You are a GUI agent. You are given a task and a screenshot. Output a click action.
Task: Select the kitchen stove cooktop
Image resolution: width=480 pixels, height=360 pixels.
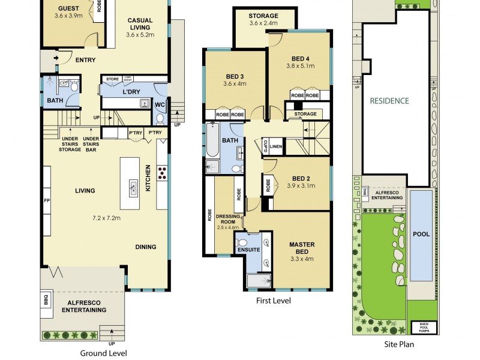tap(162, 173)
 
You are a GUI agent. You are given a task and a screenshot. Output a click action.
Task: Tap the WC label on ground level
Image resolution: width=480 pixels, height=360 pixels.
tap(160, 104)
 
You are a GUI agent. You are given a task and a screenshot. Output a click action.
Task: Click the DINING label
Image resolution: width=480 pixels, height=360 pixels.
tap(146, 247)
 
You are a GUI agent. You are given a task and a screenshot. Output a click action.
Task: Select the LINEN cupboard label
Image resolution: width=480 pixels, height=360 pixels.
tap(275, 146)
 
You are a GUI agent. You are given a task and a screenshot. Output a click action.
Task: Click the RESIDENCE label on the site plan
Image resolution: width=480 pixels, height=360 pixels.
tap(389, 101)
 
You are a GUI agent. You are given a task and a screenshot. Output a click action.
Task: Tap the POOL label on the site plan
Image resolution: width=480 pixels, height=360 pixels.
tap(421, 234)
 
